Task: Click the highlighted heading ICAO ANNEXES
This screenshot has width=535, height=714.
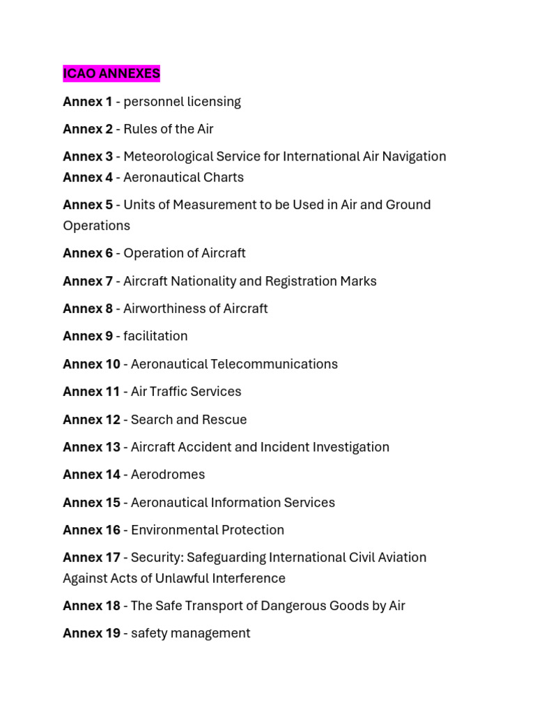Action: (111, 73)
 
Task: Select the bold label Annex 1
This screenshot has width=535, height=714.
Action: (87, 102)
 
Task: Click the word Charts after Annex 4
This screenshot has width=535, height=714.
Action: (224, 178)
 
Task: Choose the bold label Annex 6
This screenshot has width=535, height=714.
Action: (87, 253)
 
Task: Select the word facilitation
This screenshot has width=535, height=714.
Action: (155, 336)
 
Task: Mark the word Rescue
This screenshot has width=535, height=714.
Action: (225, 420)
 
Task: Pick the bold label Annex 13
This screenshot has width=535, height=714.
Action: (91, 447)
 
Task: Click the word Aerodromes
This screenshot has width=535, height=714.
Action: (168, 475)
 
